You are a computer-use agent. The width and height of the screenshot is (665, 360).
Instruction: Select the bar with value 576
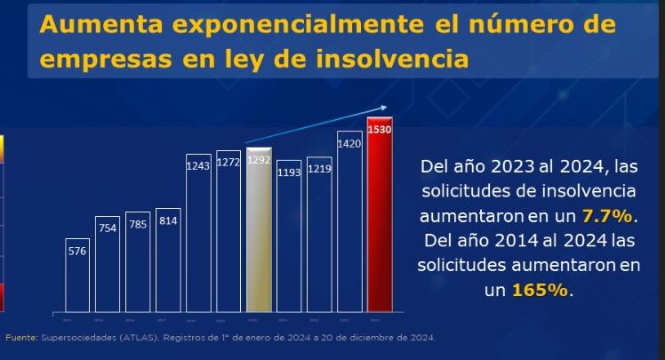(77, 275)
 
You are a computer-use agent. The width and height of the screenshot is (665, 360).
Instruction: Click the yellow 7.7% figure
(608, 216)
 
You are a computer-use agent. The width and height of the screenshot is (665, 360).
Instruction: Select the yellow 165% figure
(540, 291)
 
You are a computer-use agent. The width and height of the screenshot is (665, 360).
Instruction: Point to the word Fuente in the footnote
(20, 338)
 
